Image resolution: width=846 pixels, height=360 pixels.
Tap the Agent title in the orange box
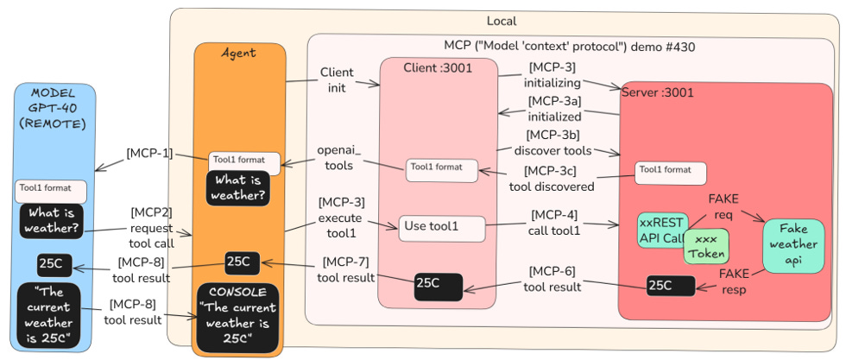[x=238, y=53]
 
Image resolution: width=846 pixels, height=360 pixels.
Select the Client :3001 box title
[x=438, y=67]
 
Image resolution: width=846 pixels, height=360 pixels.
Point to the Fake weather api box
[x=792, y=244]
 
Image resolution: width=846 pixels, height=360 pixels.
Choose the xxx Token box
[x=706, y=244]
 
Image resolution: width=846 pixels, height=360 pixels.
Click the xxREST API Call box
[x=661, y=231]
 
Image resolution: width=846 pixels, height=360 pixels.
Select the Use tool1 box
[x=441, y=228]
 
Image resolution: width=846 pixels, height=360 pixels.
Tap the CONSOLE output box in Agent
[x=238, y=317]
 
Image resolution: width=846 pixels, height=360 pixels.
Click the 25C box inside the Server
[x=671, y=285]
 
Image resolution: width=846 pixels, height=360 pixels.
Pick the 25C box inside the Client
[x=438, y=284]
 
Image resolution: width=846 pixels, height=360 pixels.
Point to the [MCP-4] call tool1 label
[x=553, y=222]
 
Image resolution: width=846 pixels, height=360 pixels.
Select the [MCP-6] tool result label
[x=553, y=277]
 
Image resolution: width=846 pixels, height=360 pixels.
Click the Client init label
[x=336, y=79]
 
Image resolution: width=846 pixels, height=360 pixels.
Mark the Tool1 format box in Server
[x=670, y=173]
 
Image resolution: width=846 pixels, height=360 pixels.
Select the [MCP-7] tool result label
[x=345, y=269]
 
